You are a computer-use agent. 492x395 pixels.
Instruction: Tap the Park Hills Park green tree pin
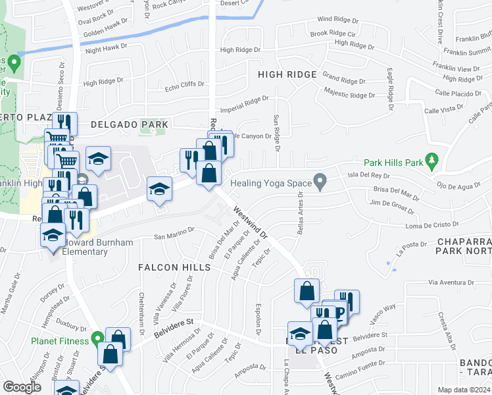pos(431,159)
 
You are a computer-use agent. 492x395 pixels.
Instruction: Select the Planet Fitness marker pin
pos(99,340)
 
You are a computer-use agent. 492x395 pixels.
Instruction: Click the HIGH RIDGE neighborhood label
pos(288,74)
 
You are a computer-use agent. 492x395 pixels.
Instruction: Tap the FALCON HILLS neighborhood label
pos(174,267)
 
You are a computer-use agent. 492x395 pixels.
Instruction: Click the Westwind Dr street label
pos(251,223)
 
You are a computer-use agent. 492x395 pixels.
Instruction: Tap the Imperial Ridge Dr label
pos(244,104)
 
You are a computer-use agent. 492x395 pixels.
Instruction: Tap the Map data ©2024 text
pos(464,390)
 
